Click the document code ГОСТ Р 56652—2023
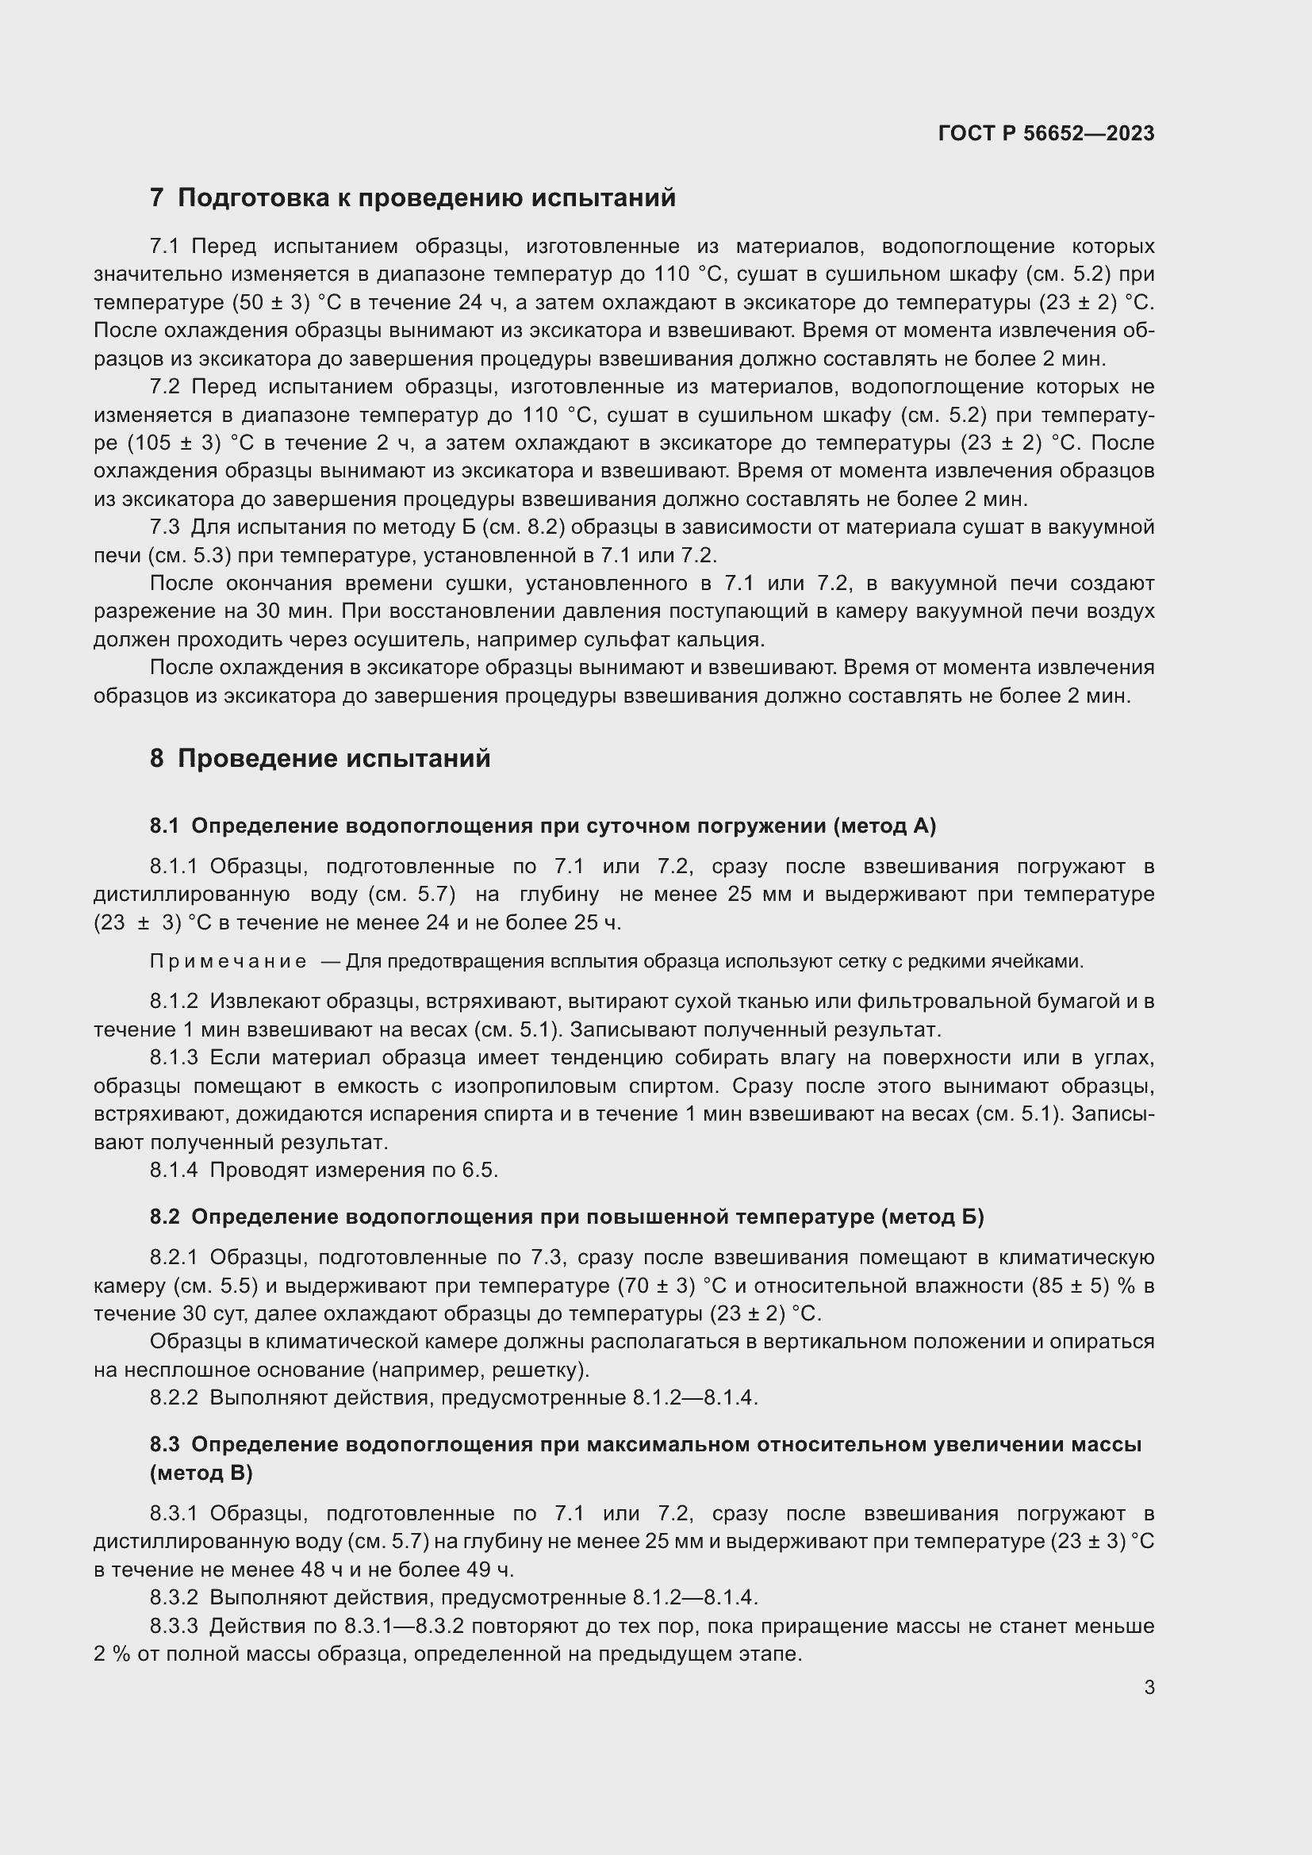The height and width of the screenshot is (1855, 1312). tap(1045, 133)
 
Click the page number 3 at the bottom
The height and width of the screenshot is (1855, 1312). tap(1149, 1687)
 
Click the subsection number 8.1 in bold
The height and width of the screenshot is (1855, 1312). tap(164, 826)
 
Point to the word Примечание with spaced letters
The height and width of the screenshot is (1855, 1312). tap(228, 961)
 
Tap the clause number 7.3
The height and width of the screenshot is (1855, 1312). tap(165, 527)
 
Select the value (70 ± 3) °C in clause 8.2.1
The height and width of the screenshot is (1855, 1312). tap(676, 1286)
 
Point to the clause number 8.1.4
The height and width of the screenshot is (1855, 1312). tap(173, 1171)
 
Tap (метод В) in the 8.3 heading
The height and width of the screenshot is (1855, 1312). tap(201, 1473)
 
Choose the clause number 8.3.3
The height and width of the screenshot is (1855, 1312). tap(173, 1626)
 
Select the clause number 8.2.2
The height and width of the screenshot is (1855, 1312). tap(173, 1397)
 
